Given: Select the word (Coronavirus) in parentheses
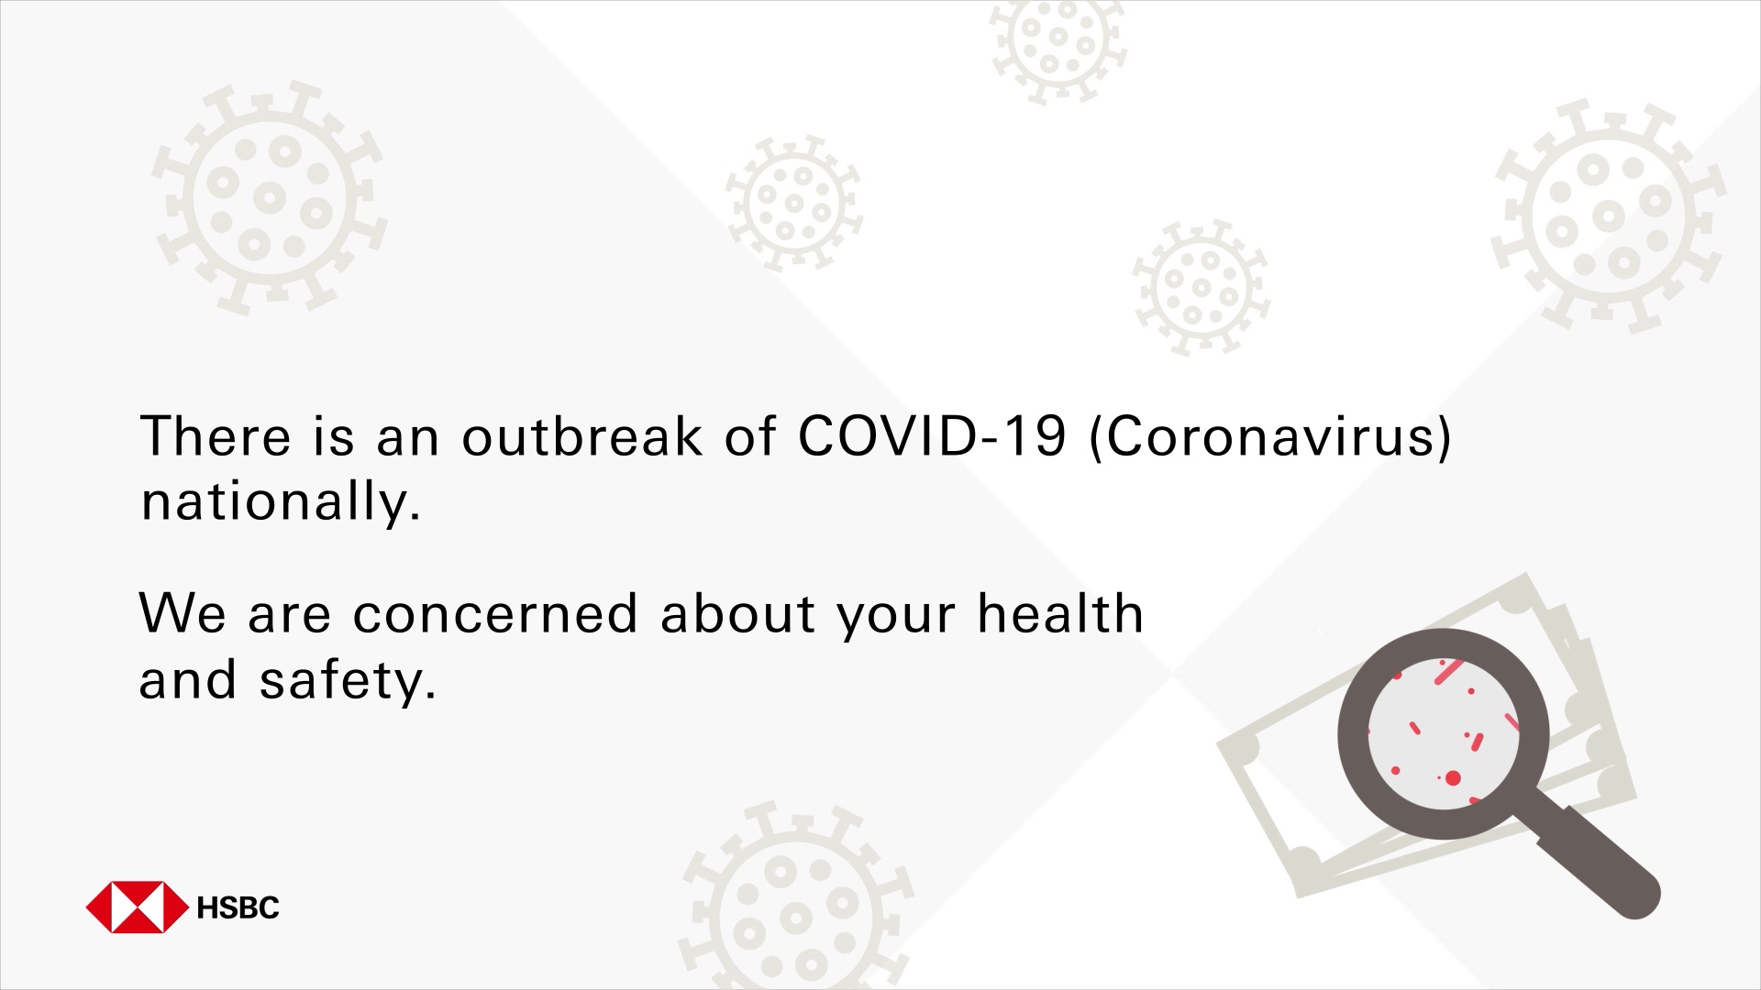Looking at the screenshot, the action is click(1270, 437).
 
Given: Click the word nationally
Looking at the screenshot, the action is click(281, 503).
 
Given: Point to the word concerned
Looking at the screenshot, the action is click(495, 613).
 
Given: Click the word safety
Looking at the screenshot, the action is click(348, 681).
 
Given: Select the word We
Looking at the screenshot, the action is click(182, 613).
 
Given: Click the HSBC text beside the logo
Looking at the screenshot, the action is click(238, 907).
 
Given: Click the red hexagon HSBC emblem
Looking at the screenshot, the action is click(137, 907).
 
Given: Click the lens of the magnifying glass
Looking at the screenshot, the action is click(1444, 733).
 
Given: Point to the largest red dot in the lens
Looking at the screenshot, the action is click(1453, 778).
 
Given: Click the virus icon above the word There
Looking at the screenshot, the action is click(270, 197).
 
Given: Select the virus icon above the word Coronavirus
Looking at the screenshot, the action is click(1202, 288).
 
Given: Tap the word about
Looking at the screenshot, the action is click(737, 613).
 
